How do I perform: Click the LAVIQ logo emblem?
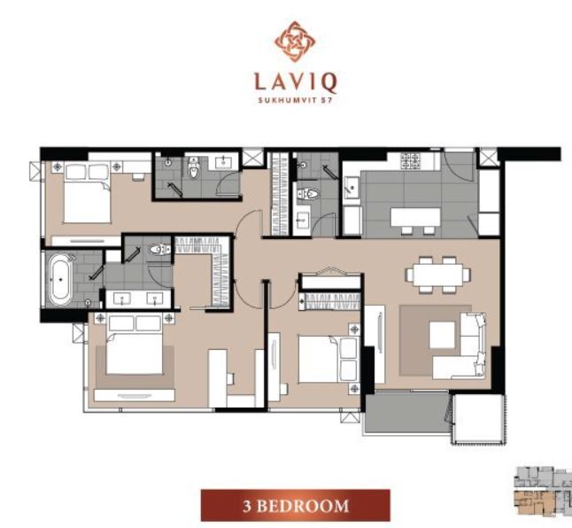[295, 42]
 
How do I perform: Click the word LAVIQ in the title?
[295, 83]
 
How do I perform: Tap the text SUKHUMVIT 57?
[295, 101]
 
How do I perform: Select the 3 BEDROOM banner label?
[296, 506]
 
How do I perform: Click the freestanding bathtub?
[60, 280]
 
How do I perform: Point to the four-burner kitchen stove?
[411, 161]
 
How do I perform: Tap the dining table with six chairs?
[437, 275]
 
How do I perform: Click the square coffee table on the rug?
[442, 335]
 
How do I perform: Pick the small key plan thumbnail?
[543, 492]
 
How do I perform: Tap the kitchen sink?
[352, 187]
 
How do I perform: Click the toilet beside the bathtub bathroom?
[159, 250]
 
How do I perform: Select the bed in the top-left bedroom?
[88, 193]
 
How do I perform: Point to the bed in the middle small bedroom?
[328, 360]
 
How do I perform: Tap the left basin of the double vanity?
[121, 299]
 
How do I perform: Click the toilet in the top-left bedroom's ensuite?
[194, 168]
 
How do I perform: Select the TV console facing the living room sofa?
[375, 344]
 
